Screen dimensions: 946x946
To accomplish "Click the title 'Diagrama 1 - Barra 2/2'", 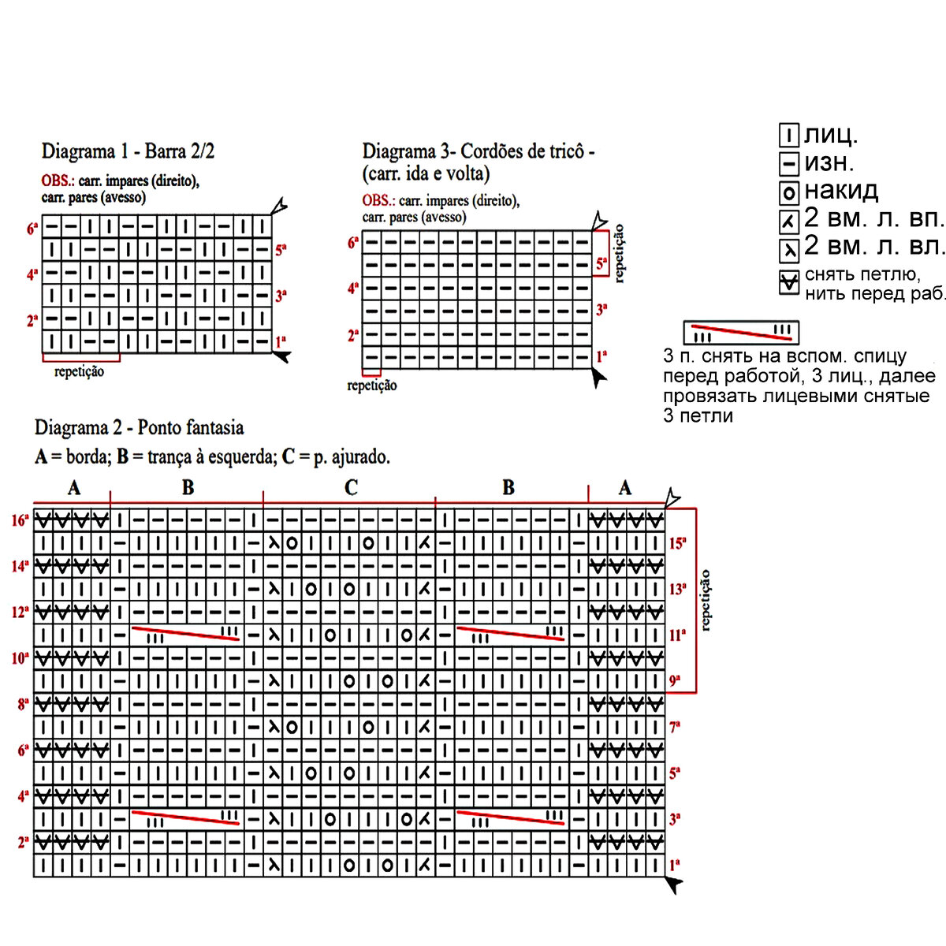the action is coord(128,151).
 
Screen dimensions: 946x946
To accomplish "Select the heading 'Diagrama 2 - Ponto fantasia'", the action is coord(139,428).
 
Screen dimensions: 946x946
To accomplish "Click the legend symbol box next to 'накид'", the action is coord(789,192).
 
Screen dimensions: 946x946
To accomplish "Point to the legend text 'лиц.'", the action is coord(831,136).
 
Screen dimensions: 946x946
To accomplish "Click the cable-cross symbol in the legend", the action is coord(741,332).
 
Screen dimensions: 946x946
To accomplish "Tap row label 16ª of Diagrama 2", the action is coord(20,520).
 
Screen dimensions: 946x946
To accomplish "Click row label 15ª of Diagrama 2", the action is coord(677,543).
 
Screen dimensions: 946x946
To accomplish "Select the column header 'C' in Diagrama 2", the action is coord(351,488).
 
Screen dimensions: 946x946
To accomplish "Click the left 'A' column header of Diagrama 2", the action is coord(73,488).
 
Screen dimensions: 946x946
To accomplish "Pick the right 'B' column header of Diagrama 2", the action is coord(508,488).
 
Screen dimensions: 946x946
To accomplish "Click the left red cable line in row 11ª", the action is coord(186,634).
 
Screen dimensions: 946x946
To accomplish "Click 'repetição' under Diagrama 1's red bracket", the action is coord(79,371).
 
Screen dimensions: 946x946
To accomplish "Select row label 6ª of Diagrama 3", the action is coord(352,242).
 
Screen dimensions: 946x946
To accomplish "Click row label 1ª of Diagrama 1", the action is coord(280,342).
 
